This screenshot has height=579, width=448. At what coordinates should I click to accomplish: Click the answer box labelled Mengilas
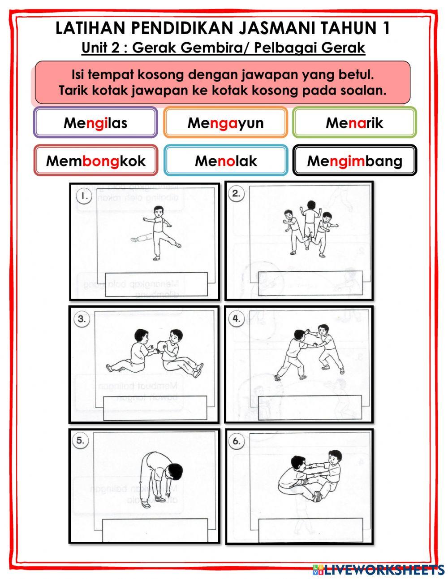pos(95,122)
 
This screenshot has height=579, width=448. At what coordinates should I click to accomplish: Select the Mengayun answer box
pos(225,122)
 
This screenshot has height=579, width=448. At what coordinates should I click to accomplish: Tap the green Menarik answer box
pos(354,122)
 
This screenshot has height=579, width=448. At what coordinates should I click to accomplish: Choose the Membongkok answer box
pos(95,161)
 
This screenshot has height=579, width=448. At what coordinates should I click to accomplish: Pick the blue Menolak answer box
pos(225,161)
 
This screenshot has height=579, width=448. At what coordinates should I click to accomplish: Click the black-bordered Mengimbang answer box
pos(354,161)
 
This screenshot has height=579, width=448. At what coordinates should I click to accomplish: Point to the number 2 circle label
pos(237,194)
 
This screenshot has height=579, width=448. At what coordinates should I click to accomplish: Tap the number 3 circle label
pos(81,319)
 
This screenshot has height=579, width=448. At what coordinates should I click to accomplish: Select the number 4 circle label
pos(237,318)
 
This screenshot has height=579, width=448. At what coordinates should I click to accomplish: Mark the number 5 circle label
pos(80,440)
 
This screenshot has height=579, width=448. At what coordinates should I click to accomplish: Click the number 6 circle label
pos(236,441)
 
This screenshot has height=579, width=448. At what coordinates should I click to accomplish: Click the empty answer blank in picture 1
pos(156,284)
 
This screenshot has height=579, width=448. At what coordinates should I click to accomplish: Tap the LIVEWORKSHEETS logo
pos(379,570)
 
